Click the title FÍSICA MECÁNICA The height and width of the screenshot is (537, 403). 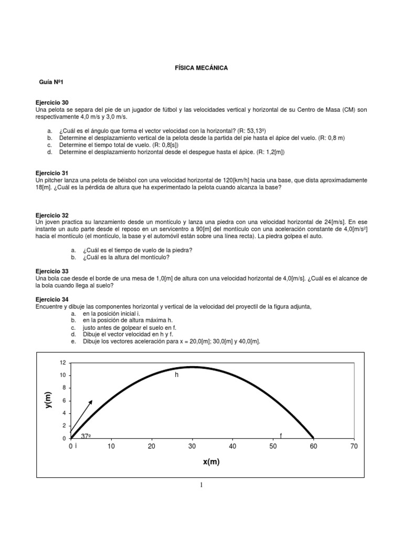tap(201, 68)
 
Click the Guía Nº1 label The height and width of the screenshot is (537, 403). tap(51, 83)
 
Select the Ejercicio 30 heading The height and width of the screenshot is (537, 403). tap(51, 102)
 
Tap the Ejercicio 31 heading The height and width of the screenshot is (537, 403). tap(51, 173)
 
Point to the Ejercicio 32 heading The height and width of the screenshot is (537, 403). tap(51, 215)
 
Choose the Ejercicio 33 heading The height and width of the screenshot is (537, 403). tap(51, 271)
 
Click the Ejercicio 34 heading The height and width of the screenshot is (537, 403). tap(51, 298)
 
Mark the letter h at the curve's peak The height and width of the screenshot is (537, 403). tap(177, 375)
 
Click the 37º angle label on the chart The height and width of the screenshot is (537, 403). tap(86, 436)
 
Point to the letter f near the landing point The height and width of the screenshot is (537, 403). tap(281, 436)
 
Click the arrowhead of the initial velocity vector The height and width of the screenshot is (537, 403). tap(91, 401)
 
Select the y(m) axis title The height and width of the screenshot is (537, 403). tap(49, 401)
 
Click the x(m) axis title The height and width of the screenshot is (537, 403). tap(211, 462)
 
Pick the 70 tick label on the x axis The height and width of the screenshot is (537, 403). tap(353, 446)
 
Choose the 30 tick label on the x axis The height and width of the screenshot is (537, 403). tap(192, 446)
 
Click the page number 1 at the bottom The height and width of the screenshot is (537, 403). tap(201, 485)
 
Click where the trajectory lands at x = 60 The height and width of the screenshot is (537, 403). tap(313, 437)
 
